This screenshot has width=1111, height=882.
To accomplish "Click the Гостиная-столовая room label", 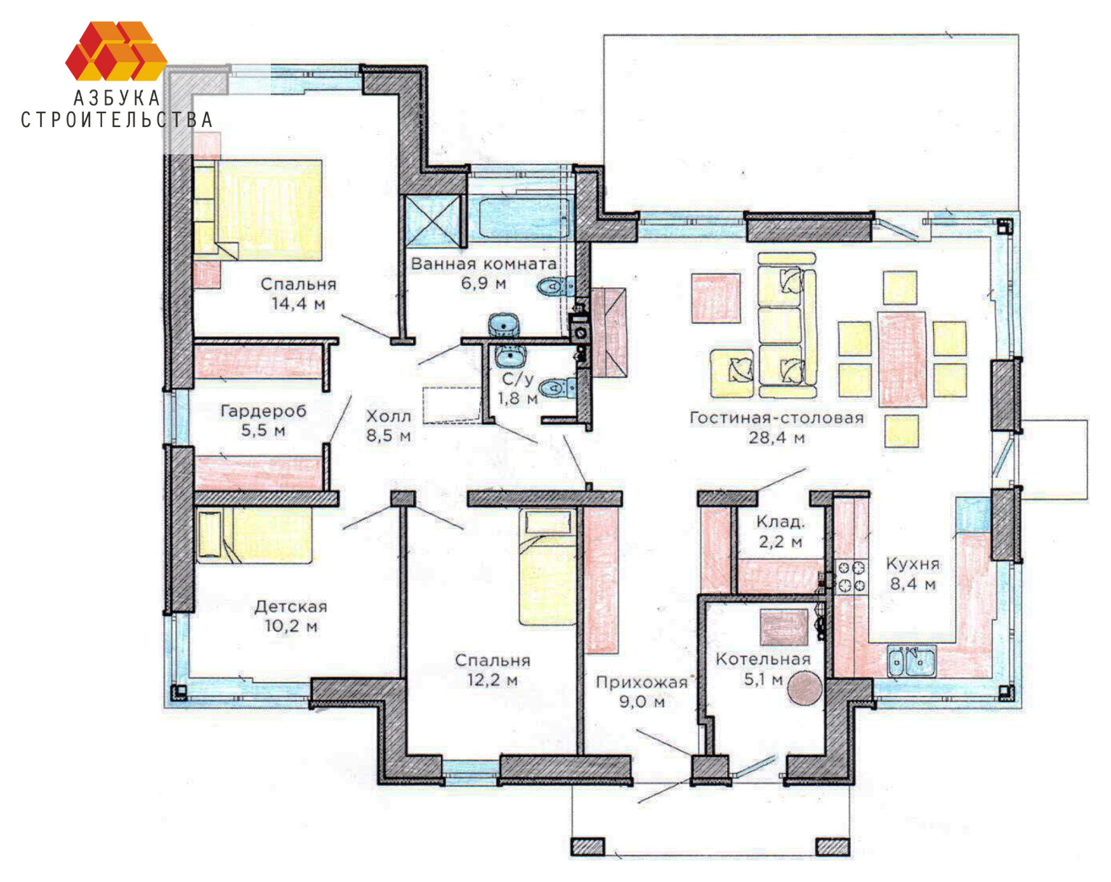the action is click(x=776, y=418).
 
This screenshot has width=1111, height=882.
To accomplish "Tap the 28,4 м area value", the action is click(x=776, y=438).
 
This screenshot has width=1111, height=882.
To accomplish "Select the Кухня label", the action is click(x=912, y=564).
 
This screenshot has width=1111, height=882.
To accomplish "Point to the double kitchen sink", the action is click(x=911, y=661).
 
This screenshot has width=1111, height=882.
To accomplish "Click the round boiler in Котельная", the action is click(x=804, y=689).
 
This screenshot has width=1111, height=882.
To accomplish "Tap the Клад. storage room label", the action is click(x=780, y=522).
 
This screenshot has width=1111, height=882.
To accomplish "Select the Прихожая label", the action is click(x=642, y=683).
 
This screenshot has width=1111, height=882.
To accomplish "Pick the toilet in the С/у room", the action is click(x=557, y=388).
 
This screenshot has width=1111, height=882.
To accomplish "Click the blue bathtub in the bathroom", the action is click(x=519, y=219).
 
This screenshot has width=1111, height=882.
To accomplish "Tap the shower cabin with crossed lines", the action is click(x=433, y=219).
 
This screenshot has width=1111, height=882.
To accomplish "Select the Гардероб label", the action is click(x=263, y=411).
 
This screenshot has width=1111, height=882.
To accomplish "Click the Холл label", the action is click(x=389, y=416).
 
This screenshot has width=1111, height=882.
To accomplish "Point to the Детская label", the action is click(x=291, y=606).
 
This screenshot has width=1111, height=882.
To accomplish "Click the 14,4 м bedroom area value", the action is click(x=299, y=303).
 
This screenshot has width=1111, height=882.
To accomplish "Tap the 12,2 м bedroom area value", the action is click(x=492, y=680).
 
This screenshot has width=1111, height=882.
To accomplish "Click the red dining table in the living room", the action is click(x=903, y=358).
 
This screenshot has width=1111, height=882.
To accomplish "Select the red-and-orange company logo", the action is click(x=116, y=51).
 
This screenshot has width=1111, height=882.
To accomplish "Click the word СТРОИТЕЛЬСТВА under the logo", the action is click(x=116, y=120).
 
